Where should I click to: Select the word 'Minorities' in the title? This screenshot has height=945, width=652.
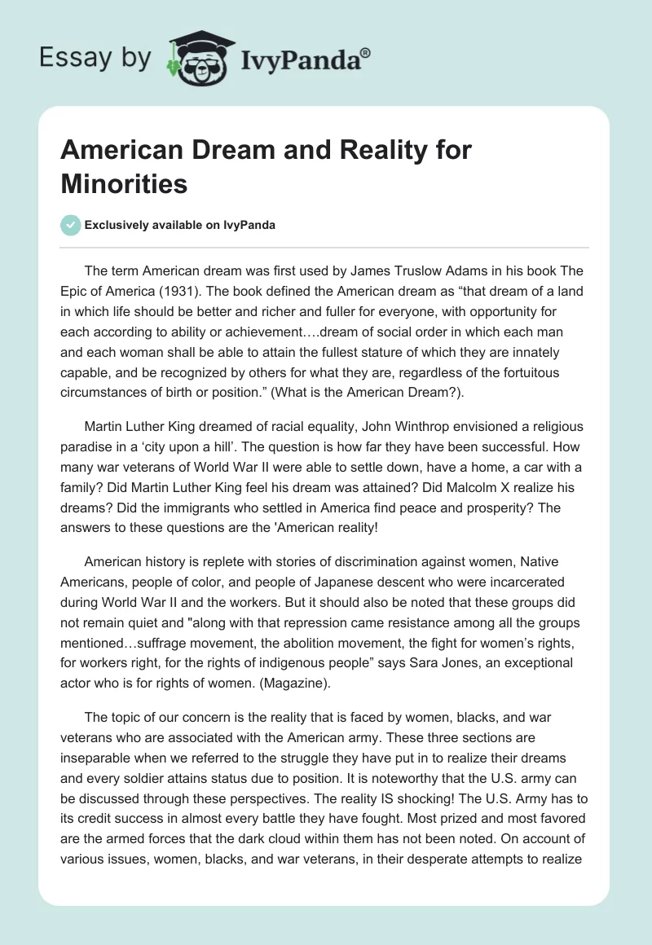point(124,183)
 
